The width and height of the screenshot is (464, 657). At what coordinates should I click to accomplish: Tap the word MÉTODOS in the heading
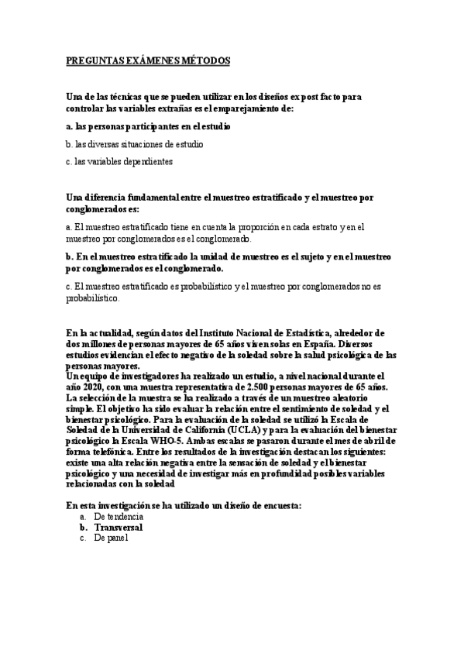(x=205, y=60)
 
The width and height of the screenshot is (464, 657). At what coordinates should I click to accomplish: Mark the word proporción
(x=255, y=227)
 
